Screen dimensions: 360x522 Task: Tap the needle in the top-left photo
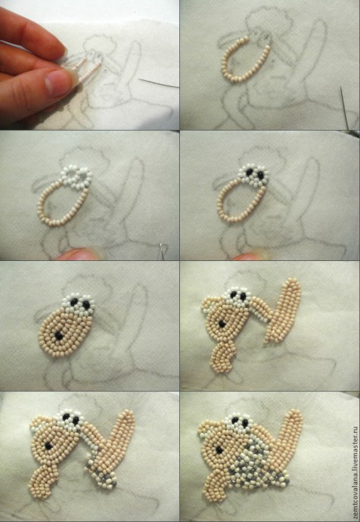(158, 83)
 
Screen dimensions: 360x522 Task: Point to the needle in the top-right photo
(344, 107)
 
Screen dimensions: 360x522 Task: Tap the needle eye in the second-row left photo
(161, 247)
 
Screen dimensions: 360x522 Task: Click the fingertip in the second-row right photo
(249, 256)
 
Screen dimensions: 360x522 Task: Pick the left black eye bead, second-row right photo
(250, 172)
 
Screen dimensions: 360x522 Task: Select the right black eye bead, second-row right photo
(261, 175)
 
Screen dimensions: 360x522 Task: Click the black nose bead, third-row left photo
(59, 336)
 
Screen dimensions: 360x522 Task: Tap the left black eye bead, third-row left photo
(74, 302)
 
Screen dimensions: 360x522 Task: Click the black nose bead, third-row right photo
(222, 324)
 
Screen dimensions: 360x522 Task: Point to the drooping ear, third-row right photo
(260, 309)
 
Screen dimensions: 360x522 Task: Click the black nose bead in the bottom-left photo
(48, 446)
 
